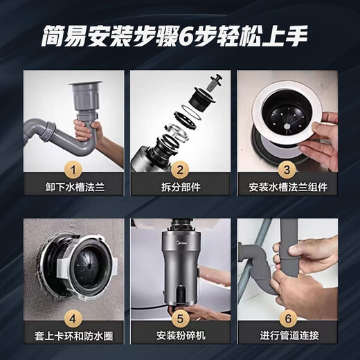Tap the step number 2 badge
click(x=179, y=168)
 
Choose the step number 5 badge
click(x=179, y=320)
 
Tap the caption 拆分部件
click(x=179, y=188)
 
